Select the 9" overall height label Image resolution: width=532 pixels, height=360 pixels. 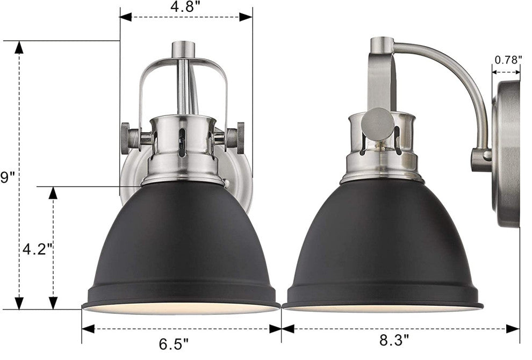click(x=7, y=177)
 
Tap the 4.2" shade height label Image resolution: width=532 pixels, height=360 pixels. click(x=37, y=250)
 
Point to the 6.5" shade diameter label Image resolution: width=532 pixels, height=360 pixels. click(x=174, y=344)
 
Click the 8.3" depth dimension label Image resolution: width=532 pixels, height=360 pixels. click(x=394, y=340)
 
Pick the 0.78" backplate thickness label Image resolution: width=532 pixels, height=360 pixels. click(x=508, y=60)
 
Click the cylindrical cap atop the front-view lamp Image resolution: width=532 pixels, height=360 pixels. click(x=184, y=50)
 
